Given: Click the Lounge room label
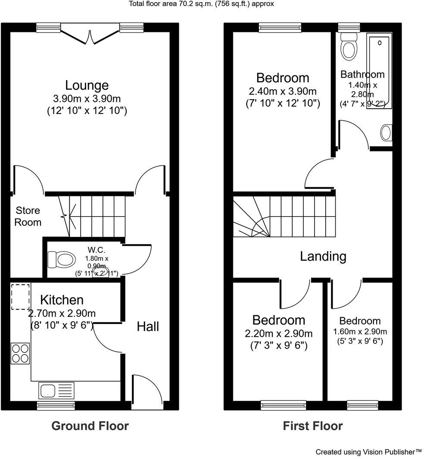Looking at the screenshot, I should point(87,85).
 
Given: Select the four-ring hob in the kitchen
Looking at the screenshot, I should point(20,353).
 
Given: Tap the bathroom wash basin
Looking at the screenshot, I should point(387,133).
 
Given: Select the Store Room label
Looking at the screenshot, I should point(28,216).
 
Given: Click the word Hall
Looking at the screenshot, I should point(148,327).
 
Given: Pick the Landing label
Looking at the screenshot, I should point(323,256).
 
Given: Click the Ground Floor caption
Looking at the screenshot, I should point(90,426).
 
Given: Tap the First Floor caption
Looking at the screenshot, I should point(312,426).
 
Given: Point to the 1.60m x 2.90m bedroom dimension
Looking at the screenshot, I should point(360,332).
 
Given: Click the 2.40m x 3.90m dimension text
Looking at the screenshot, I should point(282,91).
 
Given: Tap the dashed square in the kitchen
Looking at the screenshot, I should point(20,296).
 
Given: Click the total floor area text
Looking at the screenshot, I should point(201,4).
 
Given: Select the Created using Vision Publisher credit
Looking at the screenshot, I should point(368,452).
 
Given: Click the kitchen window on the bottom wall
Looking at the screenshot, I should point(56,405).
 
